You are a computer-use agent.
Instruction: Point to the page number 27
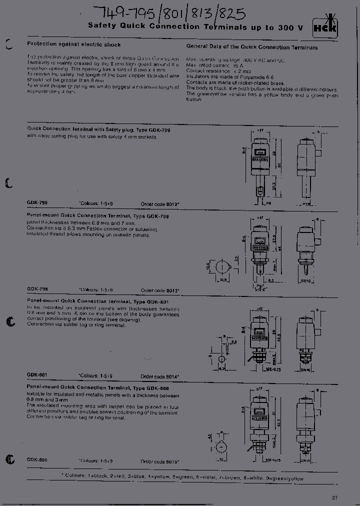coord(334,497)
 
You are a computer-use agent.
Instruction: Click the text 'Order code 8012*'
coord(159,204)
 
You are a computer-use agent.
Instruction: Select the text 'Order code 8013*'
coord(159,290)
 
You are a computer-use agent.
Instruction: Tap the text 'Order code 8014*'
coord(159,376)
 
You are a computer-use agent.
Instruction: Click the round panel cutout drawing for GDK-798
coord(221,266)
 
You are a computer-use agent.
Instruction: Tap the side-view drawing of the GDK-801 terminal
coord(305,340)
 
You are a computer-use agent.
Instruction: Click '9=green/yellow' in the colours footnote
coord(285,478)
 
